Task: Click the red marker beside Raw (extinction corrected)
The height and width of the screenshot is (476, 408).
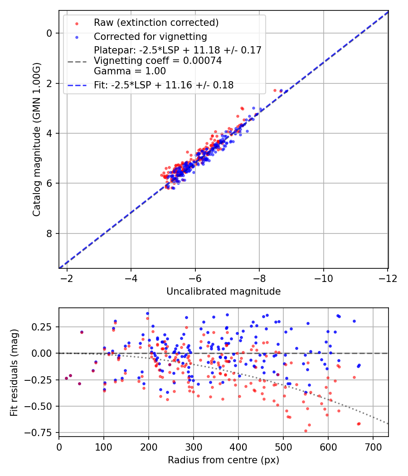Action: (77, 23)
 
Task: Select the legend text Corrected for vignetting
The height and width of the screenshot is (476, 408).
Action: (150, 37)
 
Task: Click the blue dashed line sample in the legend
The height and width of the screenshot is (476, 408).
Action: (77, 85)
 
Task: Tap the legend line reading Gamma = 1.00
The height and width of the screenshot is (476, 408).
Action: (130, 71)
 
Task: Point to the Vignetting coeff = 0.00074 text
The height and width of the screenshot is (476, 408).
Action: (158, 61)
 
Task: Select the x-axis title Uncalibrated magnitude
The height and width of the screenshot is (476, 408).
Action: (223, 291)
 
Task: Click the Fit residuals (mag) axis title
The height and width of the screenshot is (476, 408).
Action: (14, 372)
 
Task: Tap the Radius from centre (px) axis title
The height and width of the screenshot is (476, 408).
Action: (223, 460)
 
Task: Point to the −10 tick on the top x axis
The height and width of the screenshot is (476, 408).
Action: (323, 277)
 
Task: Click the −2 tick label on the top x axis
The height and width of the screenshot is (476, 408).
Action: (67, 277)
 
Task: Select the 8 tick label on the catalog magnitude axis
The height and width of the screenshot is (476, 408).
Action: (50, 233)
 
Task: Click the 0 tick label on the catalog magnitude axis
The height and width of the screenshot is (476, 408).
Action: (50, 33)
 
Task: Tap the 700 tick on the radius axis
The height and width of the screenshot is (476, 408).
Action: (373, 446)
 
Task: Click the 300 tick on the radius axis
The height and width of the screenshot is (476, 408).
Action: (194, 446)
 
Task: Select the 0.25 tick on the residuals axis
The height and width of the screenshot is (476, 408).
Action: (45, 327)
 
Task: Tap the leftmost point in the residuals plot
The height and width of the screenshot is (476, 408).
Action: (66, 378)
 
